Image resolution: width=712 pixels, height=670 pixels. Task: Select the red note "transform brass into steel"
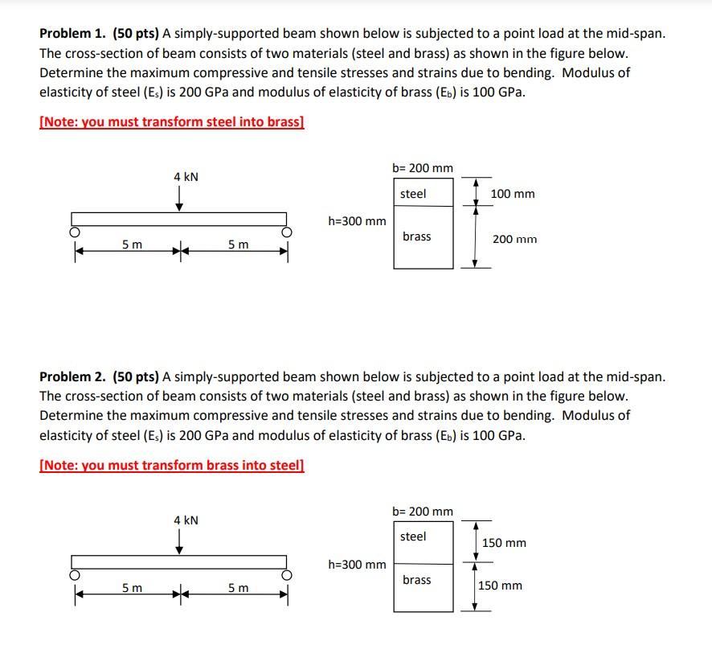tap(172, 465)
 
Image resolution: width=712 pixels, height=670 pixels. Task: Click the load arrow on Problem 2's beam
tap(179, 545)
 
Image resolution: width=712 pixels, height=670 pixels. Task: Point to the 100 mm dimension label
tap(512, 194)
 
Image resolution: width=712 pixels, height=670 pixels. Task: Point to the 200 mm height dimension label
tap(515, 239)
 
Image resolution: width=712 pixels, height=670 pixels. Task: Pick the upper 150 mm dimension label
tap(504, 543)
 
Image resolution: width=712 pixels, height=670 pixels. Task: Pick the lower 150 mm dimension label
tap(500, 586)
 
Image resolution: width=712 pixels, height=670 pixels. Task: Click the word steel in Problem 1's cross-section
tap(413, 194)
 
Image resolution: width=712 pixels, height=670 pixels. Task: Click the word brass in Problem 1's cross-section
tap(416, 236)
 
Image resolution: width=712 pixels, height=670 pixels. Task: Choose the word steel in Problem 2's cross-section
tap(413, 536)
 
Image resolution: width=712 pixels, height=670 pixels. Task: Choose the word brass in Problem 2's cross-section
tap(416, 580)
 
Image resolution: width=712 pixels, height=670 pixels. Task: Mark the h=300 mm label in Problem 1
tap(357, 221)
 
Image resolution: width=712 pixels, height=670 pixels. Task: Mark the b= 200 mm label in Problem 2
tap(423, 512)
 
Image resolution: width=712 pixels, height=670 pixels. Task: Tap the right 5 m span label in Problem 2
tap(238, 588)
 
